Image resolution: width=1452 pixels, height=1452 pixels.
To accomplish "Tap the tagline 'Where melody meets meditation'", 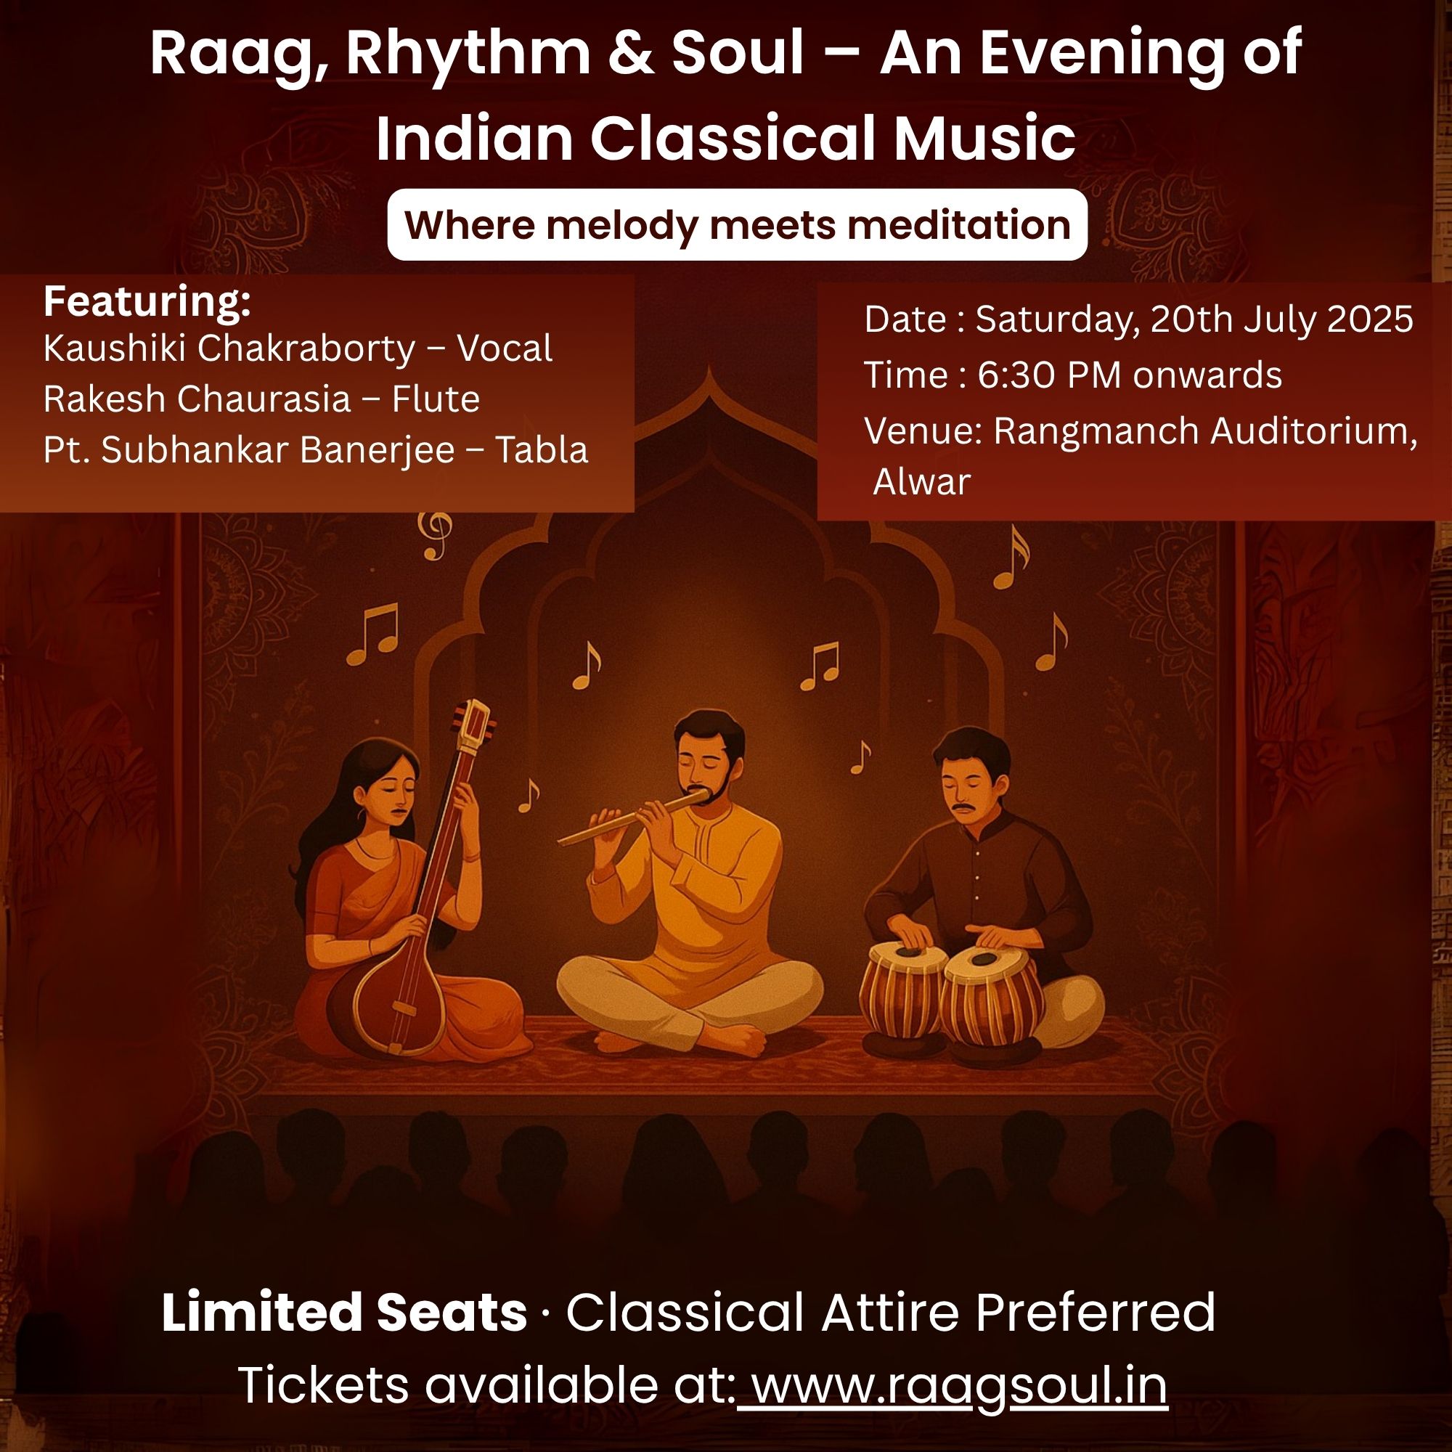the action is tap(738, 225).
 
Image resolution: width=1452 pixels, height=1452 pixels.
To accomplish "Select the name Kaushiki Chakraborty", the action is tap(229, 348).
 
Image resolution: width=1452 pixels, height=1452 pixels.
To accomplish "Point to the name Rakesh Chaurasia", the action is tap(197, 399).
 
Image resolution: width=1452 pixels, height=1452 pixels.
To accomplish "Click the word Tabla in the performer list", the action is tap(541, 449).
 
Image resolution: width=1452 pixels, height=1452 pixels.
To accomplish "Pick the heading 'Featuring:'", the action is tap(147, 302).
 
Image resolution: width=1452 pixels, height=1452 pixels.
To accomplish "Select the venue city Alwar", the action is tap(922, 482).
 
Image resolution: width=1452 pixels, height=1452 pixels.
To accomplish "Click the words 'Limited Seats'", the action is tap(343, 1312).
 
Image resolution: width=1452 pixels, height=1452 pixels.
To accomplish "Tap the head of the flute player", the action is tap(706, 755).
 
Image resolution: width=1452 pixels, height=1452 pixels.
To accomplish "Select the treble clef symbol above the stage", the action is tap(435, 534).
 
